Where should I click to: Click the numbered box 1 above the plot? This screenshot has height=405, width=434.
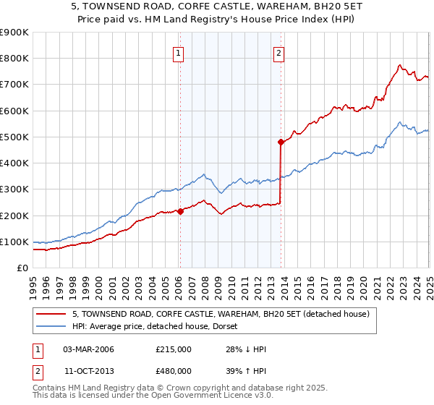coord(178,52)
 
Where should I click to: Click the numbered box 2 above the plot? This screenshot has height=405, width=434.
coord(278,52)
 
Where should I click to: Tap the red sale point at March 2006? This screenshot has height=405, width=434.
coord(180,211)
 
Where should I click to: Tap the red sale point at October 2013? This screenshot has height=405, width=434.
coord(281,142)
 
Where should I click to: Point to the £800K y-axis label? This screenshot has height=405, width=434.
coord(14,59)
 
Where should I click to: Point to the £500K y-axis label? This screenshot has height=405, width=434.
coord(14,137)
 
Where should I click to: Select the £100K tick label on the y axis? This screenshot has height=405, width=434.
coord(14,242)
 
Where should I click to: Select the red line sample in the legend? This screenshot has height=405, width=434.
coord(51,314)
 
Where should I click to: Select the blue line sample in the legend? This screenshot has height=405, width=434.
coord(51,326)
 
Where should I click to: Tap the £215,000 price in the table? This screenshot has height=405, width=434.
coord(173,349)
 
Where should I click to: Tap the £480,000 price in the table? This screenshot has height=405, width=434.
coord(173,370)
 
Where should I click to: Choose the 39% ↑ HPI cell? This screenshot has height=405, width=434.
coord(246,370)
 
